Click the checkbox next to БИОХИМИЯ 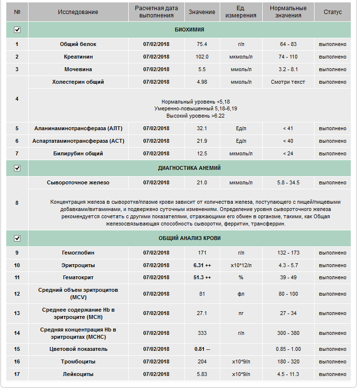coord(17,30)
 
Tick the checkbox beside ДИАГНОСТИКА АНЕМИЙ coord(17,168)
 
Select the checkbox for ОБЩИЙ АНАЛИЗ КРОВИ coord(17,239)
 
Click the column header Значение coord(202,12)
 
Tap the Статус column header coord(332,12)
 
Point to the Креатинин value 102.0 coord(202,57)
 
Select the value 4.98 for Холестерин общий coord(202,82)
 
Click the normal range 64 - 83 coord(288,45)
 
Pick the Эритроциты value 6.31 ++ coord(202,266)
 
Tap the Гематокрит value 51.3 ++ coord(202,278)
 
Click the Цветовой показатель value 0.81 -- coord(202,349)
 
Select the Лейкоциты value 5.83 coord(202,375)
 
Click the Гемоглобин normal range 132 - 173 coord(288,253)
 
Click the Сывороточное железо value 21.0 coord(202,183)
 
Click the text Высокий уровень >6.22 coord(195,116)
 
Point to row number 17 coord(17,375)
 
